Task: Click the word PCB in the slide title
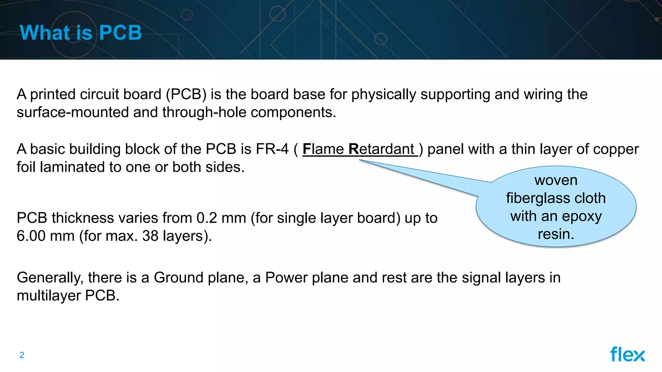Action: (120, 33)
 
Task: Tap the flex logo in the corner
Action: (627, 354)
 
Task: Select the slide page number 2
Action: (22, 355)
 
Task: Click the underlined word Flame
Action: (323, 149)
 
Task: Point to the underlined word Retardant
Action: (381, 149)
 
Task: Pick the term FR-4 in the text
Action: (272, 149)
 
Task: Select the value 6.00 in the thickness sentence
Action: (31, 236)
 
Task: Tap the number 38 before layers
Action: (150, 236)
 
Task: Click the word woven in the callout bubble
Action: (556, 180)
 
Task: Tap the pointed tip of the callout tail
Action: (360, 160)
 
